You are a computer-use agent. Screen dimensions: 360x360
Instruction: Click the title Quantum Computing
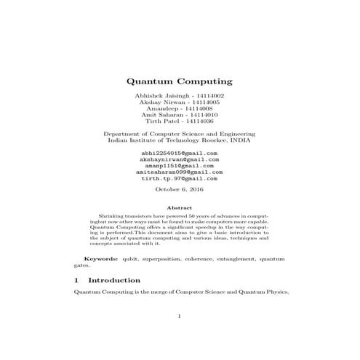click(179, 82)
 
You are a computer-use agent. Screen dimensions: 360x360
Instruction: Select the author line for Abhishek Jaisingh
click(179, 96)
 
